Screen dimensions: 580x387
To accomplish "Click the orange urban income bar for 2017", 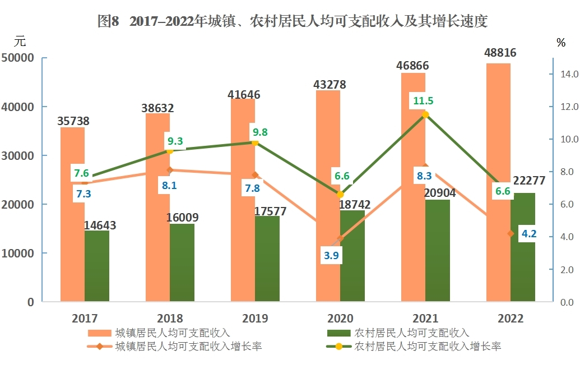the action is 72,214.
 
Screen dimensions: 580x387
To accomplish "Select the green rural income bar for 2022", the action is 523,247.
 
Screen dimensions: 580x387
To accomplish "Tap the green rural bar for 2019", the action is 267,259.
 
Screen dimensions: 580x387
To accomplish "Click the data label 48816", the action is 500,53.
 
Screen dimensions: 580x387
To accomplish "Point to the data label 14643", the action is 100,225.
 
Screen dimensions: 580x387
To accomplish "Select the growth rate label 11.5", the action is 423,101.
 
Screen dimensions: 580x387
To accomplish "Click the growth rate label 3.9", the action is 331,256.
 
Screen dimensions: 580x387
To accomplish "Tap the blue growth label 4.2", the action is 529,234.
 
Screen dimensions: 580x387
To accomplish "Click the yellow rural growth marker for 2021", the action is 425,115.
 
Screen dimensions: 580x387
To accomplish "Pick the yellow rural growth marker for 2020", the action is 340,195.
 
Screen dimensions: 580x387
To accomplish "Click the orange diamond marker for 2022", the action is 511,234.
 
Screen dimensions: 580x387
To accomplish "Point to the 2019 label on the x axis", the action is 255,318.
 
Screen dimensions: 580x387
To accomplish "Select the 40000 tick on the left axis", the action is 17,107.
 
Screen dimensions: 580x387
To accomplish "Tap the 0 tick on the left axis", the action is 31,302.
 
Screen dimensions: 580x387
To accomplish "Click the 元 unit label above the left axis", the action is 20,41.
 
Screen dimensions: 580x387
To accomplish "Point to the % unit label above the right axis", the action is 561,43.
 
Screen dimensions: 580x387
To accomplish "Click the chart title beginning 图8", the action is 292,21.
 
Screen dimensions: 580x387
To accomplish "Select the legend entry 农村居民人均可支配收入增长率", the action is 413,346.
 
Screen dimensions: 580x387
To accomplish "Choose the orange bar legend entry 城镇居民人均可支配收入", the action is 159,333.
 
